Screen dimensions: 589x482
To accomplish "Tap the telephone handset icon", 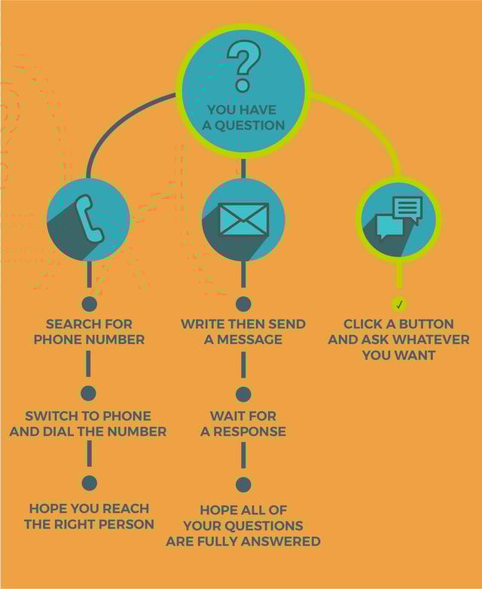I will pyautogui.click(x=89, y=219).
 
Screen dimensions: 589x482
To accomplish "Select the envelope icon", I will pyautogui.click(x=243, y=219).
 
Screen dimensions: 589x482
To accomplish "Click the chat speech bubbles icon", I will pyautogui.click(x=398, y=218).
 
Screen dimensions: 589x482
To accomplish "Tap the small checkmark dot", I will pyautogui.click(x=399, y=304).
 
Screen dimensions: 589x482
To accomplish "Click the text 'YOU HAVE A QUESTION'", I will pyautogui.click(x=243, y=117).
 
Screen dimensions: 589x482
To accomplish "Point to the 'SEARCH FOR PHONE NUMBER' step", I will pyautogui.click(x=89, y=331).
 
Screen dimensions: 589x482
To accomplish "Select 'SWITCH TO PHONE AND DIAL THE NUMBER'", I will pyautogui.click(x=88, y=423).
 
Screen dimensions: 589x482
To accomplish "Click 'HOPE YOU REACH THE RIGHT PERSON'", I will pyautogui.click(x=89, y=516).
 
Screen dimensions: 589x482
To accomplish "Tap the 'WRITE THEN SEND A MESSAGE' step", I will pyautogui.click(x=243, y=331).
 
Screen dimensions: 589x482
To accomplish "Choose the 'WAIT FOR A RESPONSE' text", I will pyautogui.click(x=243, y=423).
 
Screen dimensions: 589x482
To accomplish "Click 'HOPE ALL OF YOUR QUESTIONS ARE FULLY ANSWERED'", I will pyautogui.click(x=243, y=525).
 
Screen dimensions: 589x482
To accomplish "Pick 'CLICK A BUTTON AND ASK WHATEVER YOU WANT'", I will pyautogui.click(x=398, y=339).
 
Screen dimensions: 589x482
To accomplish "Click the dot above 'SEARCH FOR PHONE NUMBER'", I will pyautogui.click(x=89, y=304).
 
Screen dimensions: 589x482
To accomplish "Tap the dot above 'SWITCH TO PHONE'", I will pyautogui.click(x=88, y=392).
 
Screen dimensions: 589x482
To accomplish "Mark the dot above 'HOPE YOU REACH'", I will pyautogui.click(x=89, y=483).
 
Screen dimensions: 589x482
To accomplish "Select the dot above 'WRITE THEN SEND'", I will pyautogui.click(x=243, y=304).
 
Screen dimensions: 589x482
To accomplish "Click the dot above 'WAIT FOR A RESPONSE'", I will pyautogui.click(x=243, y=394).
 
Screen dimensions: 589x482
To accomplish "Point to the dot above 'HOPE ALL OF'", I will pyautogui.click(x=243, y=484).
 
